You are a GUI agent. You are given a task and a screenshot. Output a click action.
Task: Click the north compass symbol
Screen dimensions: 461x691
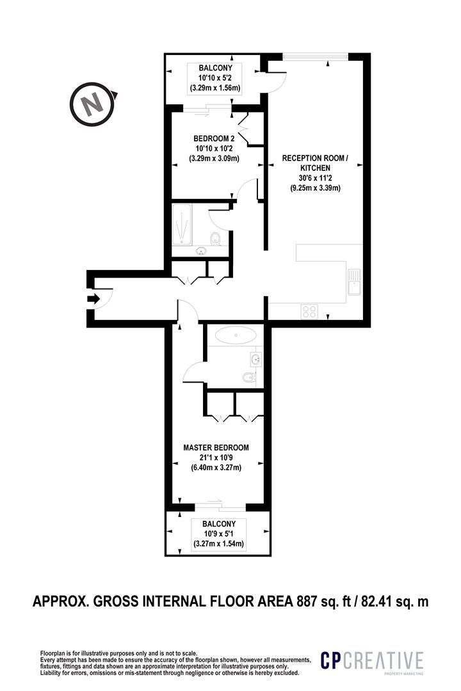tap(93, 105)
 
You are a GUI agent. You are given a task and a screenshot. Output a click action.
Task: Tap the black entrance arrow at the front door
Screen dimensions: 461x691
tap(93, 299)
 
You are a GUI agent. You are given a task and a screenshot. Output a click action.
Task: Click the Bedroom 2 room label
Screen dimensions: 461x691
tap(214, 138)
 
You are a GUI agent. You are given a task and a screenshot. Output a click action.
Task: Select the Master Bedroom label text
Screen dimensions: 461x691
tap(216, 447)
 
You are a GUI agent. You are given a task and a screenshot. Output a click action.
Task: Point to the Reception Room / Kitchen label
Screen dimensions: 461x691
tap(315, 163)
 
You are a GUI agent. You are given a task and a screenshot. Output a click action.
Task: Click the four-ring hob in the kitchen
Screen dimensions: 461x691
tap(309, 311)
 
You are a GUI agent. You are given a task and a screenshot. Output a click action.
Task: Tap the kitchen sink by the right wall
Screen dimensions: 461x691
tap(354, 282)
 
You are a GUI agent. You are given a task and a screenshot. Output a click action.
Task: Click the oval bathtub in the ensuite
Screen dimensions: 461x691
tap(236, 335)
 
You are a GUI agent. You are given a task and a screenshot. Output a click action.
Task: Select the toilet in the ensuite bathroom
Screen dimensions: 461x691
tap(250, 377)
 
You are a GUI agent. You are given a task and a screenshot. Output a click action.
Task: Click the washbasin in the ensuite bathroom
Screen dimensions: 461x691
tap(256, 360)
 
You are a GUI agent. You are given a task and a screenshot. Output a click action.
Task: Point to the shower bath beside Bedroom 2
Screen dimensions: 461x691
tap(181, 225)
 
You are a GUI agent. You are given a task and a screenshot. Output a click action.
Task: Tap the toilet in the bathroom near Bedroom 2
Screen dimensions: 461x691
tap(216, 239)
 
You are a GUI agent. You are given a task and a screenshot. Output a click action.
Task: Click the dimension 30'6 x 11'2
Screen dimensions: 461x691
tap(315, 178)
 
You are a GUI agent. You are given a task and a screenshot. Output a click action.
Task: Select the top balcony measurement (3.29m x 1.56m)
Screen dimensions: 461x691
tap(215, 88)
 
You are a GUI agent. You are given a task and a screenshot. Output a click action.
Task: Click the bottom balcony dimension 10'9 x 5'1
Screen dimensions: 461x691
tap(219, 534)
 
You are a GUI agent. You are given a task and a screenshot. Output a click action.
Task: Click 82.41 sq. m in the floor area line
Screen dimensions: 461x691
tap(395, 601)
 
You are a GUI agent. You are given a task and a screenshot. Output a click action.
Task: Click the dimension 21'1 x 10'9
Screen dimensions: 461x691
tap(216, 457)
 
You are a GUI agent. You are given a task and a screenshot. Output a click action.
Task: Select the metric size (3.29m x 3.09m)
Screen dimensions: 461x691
tap(214, 158)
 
